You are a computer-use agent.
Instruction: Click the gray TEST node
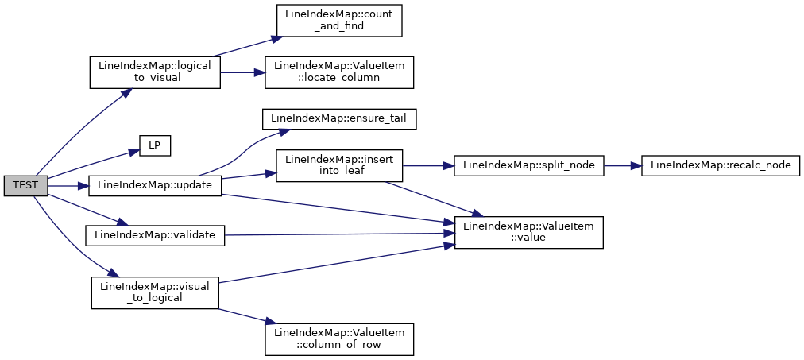pyautogui.click(x=25, y=186)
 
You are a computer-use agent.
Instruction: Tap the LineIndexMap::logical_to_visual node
pyautogui.click(x=155, y=72)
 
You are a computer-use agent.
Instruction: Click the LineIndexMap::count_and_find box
pyautogui.click(x=339, y=21)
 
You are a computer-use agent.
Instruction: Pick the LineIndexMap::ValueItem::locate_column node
pyautogui.click(x=339, y=72)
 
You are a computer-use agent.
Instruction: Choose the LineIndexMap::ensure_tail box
pyautogui.click(x=339, y=119)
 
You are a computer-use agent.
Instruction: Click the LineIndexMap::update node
pyautogui.click(x=155, y=186)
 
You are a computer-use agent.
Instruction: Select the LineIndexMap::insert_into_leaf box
pyautogui.click(x=339, y=165)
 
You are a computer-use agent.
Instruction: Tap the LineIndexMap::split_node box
pyautogui.click(x=528, y=165)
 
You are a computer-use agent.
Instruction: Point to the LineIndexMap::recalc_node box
pyautogui.click(x=721, y=165)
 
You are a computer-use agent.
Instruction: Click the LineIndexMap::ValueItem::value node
pyautogui.click(x=528, y=233)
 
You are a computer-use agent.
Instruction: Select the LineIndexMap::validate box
pyautogui.click(x=155, y=235)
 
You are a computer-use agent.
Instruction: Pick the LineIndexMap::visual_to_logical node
pyautogui.click(x=155, y=292)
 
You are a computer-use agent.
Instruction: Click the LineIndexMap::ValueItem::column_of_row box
pyautogui.click(x=339, y=339)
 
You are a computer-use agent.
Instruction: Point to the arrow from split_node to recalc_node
pyautogui.click(x=622, y=165)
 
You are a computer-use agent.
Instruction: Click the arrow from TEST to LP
pyautogui.click(x=93, y=163)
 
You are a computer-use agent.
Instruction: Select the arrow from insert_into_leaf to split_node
pyautogui.click(x=428, y=165)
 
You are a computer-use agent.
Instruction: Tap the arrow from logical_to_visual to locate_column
pyautogui.click(x=242, y=72)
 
